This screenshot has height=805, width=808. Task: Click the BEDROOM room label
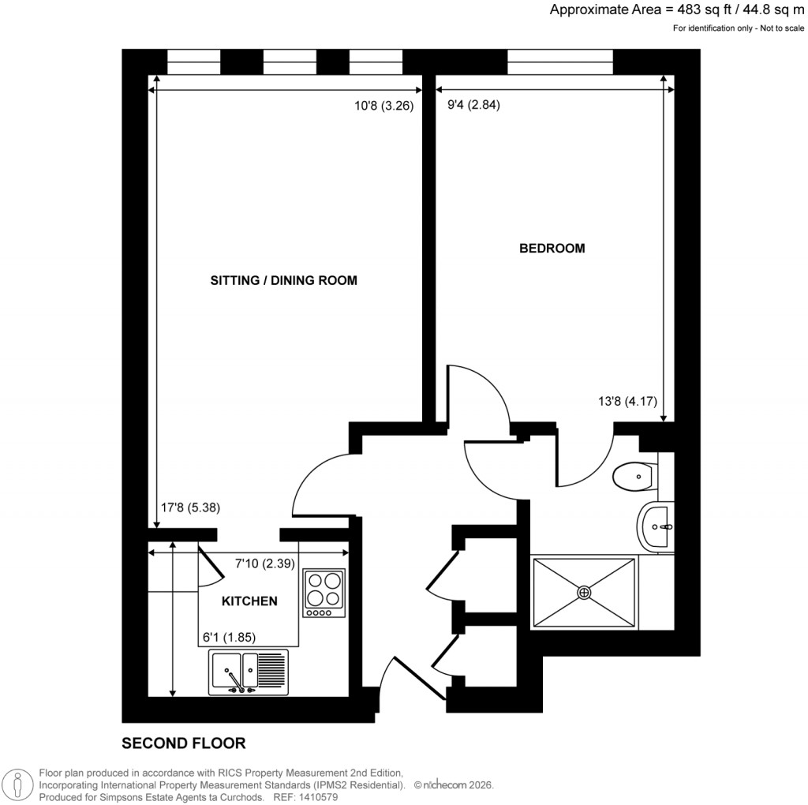pyautogui.click(x=552, y=248)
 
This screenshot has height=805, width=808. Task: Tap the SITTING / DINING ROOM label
pyautogui.click(x=284, y=280)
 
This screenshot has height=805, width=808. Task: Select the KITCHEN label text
pyautogui.click(x=249, y=601)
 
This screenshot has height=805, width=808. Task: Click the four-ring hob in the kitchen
pyautogui.click(x=324, y=593)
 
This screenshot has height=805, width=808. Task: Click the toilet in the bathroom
pyautogui.click(x=633, y=476)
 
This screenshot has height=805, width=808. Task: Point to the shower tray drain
pyautogui.click(x=585, y=592)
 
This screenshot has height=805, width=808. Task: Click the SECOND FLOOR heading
pyautogui.click(x=183, y=743)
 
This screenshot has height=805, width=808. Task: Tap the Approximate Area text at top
pyautogui.click(x=678, y=10)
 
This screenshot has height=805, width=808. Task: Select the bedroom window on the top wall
pyautogui.click(x=560, y=62)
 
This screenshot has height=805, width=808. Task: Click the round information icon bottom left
pyautogui.click(x=17, y=784)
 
